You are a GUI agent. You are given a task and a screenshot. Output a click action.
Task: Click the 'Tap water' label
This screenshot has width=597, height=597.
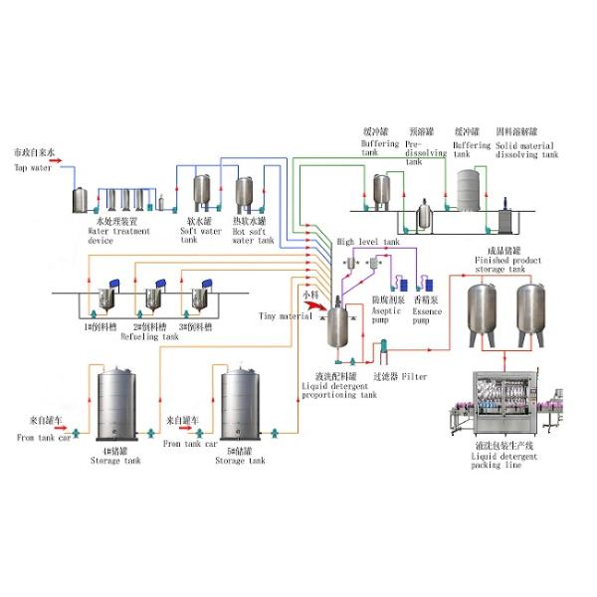tap(34, 168)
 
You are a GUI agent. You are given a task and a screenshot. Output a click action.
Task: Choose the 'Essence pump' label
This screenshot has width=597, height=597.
tap(427, 311)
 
